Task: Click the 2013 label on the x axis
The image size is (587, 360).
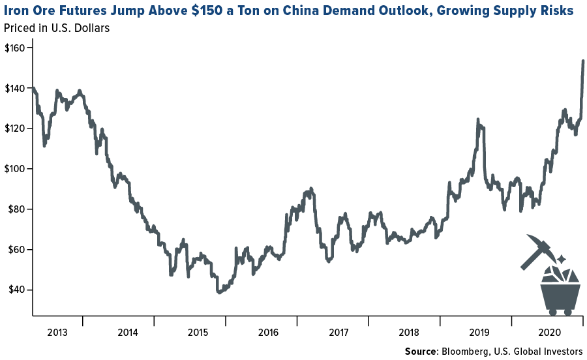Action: coord(57,332)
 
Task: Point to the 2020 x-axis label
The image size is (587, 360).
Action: coord(547,332)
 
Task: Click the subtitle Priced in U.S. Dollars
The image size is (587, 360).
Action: coord(57,28)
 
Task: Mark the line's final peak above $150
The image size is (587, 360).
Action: coord(582,61)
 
